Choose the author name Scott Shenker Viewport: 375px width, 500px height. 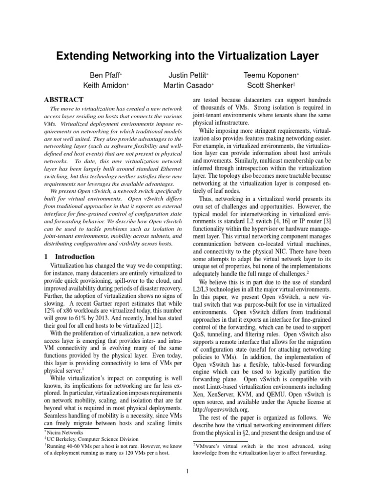tap(270, 85)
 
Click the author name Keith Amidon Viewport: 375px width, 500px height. tap(105, 85)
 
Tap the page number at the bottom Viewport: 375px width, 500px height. tap(187, 471)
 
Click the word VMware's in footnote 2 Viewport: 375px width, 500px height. tap(211, 446)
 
